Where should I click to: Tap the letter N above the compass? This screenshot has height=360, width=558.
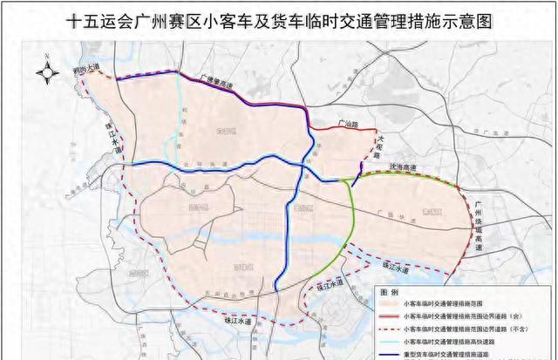click(x=42, y=58)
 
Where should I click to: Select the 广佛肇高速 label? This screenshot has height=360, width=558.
click(x=217, y=80)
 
